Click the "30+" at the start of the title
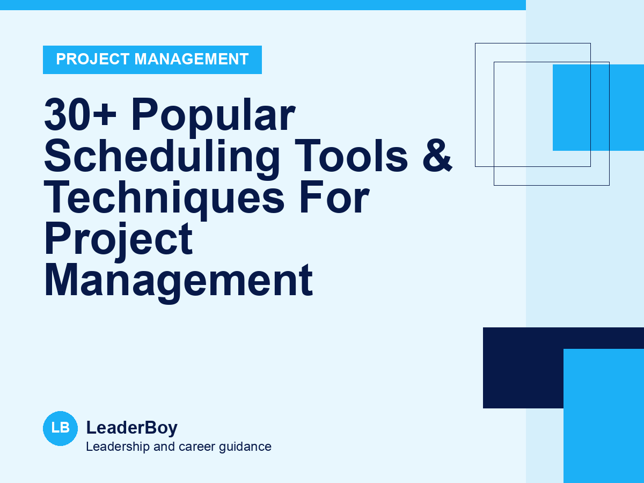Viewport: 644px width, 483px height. pos(80,114)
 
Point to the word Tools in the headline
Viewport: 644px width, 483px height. pos(351,156)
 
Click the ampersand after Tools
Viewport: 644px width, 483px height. pos(437,156)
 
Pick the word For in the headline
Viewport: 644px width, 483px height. pos(334,197)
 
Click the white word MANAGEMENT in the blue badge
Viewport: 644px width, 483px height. pos(192,59)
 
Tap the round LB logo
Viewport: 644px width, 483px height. pos(61,428)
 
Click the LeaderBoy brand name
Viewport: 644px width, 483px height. pos(131,428)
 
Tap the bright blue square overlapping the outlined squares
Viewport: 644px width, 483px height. pos(598,108)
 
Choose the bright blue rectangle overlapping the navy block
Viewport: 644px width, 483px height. pos(604,416)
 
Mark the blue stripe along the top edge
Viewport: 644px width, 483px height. pos(263,5)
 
